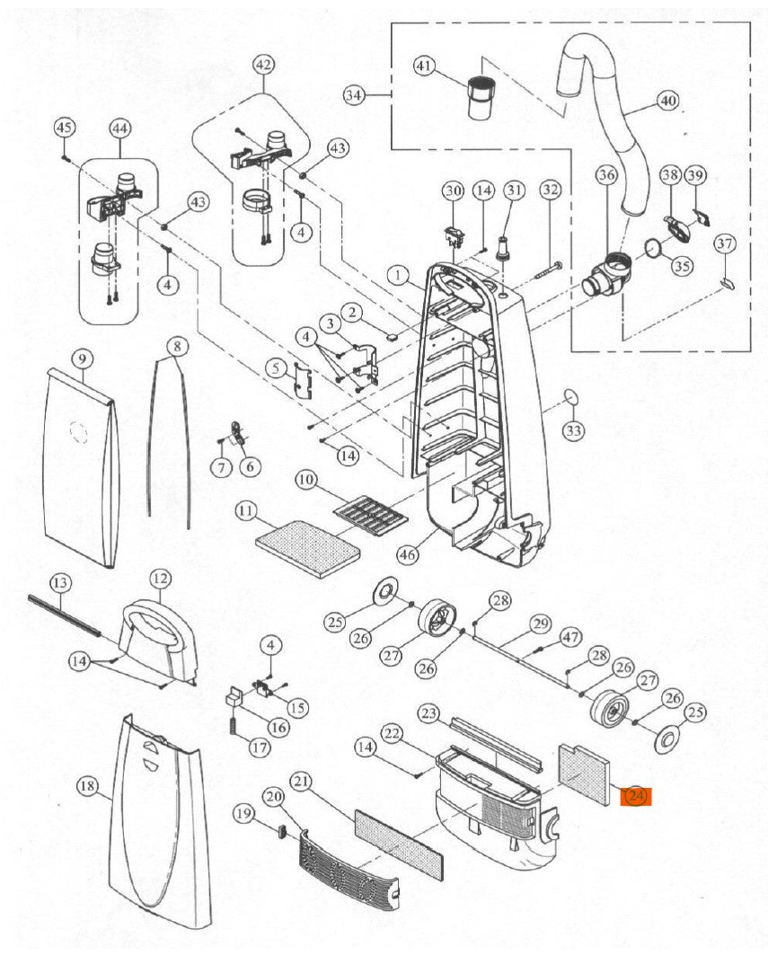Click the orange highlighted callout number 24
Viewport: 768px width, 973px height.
click(636, 796)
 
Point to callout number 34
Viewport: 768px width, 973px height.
click(356, 94)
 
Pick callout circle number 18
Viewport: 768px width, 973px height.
click(86, 787)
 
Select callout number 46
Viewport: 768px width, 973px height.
click(408, 555)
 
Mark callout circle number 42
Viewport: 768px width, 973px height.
click(263, 66)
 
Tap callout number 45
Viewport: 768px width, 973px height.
click(64, 128)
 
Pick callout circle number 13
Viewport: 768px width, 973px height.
click(59, 583)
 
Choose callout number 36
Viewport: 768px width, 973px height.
click(607, 175)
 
